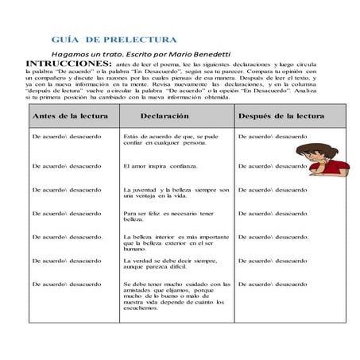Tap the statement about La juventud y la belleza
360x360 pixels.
176,193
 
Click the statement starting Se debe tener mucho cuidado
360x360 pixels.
176,295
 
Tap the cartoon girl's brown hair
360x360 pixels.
323,149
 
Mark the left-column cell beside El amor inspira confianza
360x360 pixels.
66,166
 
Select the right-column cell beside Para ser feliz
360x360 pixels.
273,213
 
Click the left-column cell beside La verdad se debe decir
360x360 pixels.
66,260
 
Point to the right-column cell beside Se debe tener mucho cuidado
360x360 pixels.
273,284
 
